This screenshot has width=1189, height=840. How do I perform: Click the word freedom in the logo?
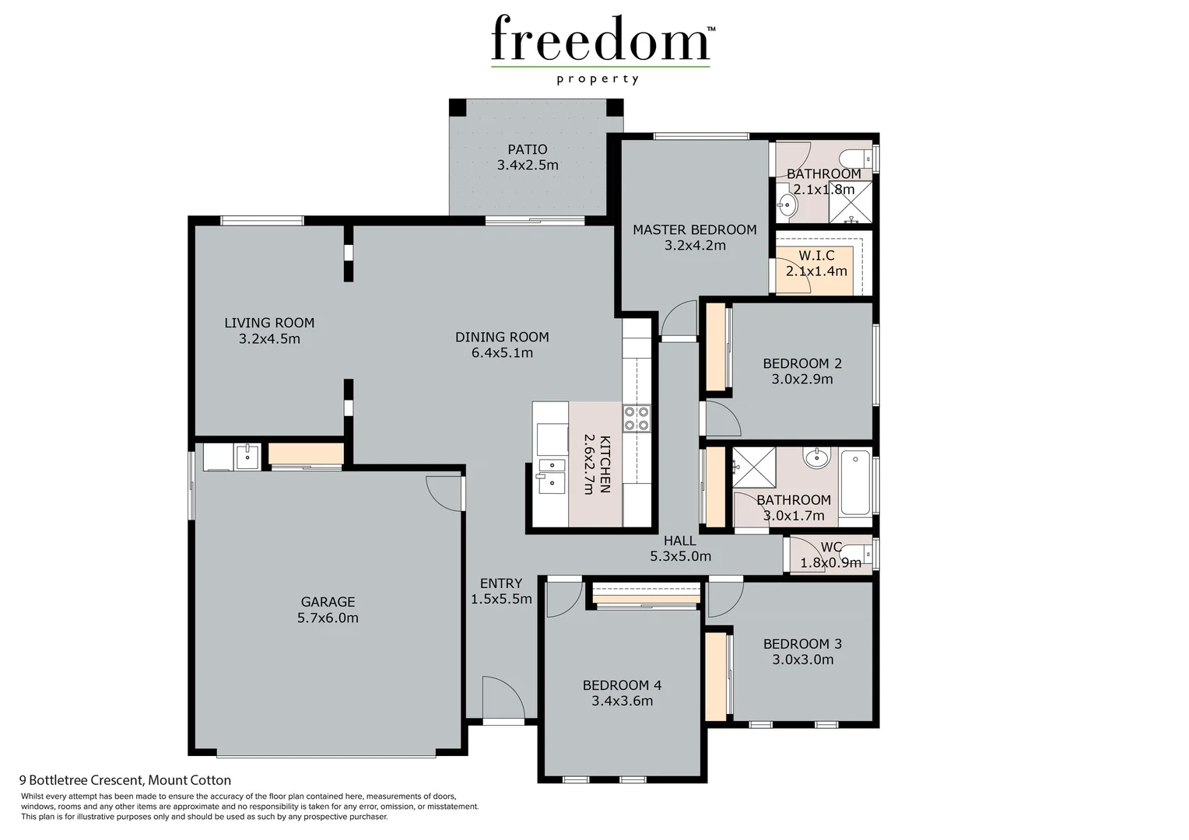pyautogui.click(x=600, y=38)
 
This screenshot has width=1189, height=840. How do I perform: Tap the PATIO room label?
pyautogui.click(x=528, y=149)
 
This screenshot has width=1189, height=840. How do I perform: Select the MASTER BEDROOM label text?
pyautogui.click(x=694, y=229)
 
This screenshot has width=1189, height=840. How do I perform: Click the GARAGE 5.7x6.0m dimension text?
pyautogui.click(x=328, y=618)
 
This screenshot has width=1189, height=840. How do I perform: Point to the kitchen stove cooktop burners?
pyautogui.click(x=636, y=418)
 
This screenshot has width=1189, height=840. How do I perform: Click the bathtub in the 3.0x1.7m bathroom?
pyautogui.click(x=855, y=482)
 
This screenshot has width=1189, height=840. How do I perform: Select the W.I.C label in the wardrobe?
pyautogui.click(x=816, y=256)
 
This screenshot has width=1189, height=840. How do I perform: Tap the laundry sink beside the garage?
pyautogui.click(x=247, y=456)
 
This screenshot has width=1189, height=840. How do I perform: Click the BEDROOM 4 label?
pyautogui.click(x=622, y=685)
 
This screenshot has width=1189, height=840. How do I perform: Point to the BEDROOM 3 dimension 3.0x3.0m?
pyautogui.click(x=802, y=660)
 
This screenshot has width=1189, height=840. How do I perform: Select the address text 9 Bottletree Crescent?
pyautogui.click(x=125, y=780)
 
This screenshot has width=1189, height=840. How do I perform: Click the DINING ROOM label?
pyautogui.click(x=502, y=337)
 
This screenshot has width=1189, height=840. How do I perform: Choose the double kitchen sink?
pyautogui.click(x=551, y=475)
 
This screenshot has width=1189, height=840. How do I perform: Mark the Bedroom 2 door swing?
pyautogui.click(x=722, y=420)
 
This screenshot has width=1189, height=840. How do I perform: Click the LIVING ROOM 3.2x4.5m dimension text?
pyautogui.click(x=269, y=339)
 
